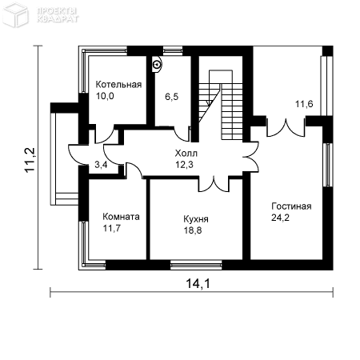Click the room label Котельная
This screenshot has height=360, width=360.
pyautogui.click(x=118, y=85)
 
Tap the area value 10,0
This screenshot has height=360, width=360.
pyautogui.click(x=105, y=96)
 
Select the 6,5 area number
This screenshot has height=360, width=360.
pyautogui.click(x=171, y=97)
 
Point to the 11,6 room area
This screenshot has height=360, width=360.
pyautogui.click(x=304, y=104)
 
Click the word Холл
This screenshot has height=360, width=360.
pyautogui.click(x=186, y=154)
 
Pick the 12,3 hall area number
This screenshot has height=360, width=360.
pyautogui.click(x=184, y=165)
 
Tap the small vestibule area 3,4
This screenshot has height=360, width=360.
pyautogui.click(x=101, y=165)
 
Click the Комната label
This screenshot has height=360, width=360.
pyautogui.click(x=121, y=217)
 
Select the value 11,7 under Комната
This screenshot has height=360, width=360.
pyautogui.click(x=112, y=228)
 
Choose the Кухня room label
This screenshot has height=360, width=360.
pyautogui.click(x=196, y=219)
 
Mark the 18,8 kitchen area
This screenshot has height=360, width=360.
pyautogui.click(x=193, y=230)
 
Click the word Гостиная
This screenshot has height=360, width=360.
pyautogui.click(x=291, y=206)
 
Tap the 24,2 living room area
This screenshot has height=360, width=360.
pyautogui.click(x=280, y=218)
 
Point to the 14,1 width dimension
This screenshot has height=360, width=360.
pyautogui.click(x=198, y=283)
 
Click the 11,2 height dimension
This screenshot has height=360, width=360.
pyautogui.click(x=30, y=159)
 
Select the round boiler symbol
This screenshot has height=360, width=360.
pyautogui.click(x=158, y=64)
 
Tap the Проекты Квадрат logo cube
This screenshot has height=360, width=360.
pyautogui.click(x=15, y=14)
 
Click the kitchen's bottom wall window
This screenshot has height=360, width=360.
pyautogui.click(x=196, y=265)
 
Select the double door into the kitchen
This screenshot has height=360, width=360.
pyautogui.click(x=214, y=184)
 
